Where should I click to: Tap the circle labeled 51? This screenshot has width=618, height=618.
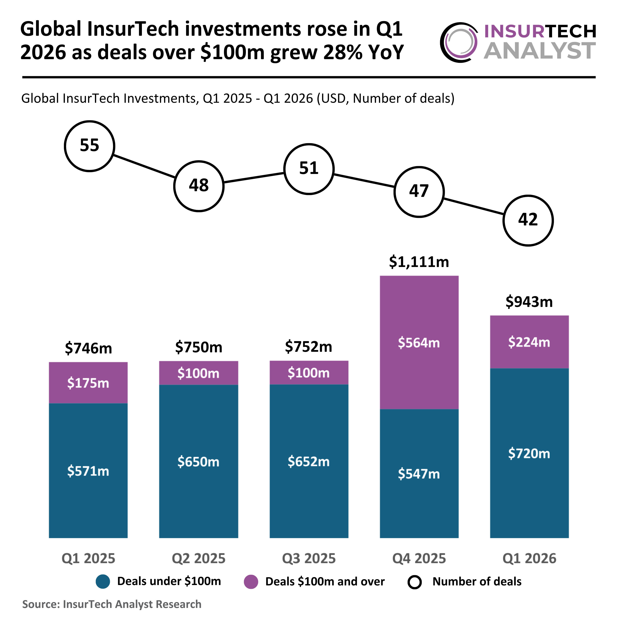[309, 169]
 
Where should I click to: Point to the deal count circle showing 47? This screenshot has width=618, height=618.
[419, 192]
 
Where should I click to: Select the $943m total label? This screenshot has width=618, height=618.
[529, 302]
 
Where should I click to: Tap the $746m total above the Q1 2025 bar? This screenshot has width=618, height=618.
[88, 348]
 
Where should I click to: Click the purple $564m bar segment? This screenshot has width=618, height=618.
[419, 342]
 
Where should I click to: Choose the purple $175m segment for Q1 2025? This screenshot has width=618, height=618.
[88, 383]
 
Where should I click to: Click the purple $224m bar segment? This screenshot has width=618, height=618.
[529, 342]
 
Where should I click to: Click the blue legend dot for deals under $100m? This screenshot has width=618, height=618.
[103, 582]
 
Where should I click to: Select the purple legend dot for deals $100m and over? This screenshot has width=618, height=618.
[251, 582]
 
